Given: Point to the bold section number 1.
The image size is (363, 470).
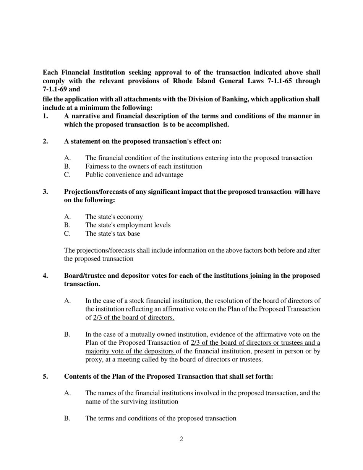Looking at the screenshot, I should [45, 116].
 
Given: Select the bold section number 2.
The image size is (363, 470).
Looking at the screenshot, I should [45, 141].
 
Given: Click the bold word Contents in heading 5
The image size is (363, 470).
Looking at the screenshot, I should [78, 377].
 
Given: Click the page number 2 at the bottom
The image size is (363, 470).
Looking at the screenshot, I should [181, 439].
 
